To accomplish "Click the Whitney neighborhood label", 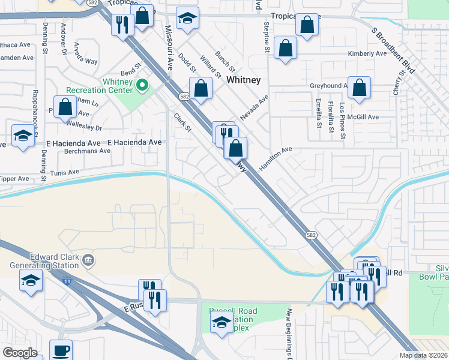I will tap(243, 80).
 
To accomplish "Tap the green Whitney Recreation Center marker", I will tap(142, 86).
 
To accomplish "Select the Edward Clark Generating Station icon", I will tap(88, 260).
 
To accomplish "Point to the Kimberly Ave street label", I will tap(367, 54).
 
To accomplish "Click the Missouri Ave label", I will tap(170, 47).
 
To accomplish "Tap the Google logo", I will tap(20, 352).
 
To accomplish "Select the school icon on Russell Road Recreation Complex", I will tap(221, 322).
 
